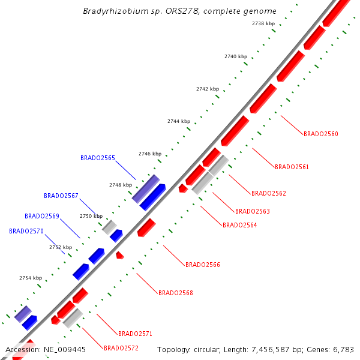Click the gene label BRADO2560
(321, 134)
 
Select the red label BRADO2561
(292, 167)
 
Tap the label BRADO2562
(269, 193)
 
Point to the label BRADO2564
(240, 225)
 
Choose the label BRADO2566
(203, 264)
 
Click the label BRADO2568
(176, 293)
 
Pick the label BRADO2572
(121, 348)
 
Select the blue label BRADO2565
(98, 158)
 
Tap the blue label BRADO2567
(61, 196)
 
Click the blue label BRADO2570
(26, 231)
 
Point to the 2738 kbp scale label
(263, 23)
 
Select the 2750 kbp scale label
(91, 216)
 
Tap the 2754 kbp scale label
(31, 278)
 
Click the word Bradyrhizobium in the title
(118, 11)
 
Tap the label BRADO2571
(136, 334)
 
